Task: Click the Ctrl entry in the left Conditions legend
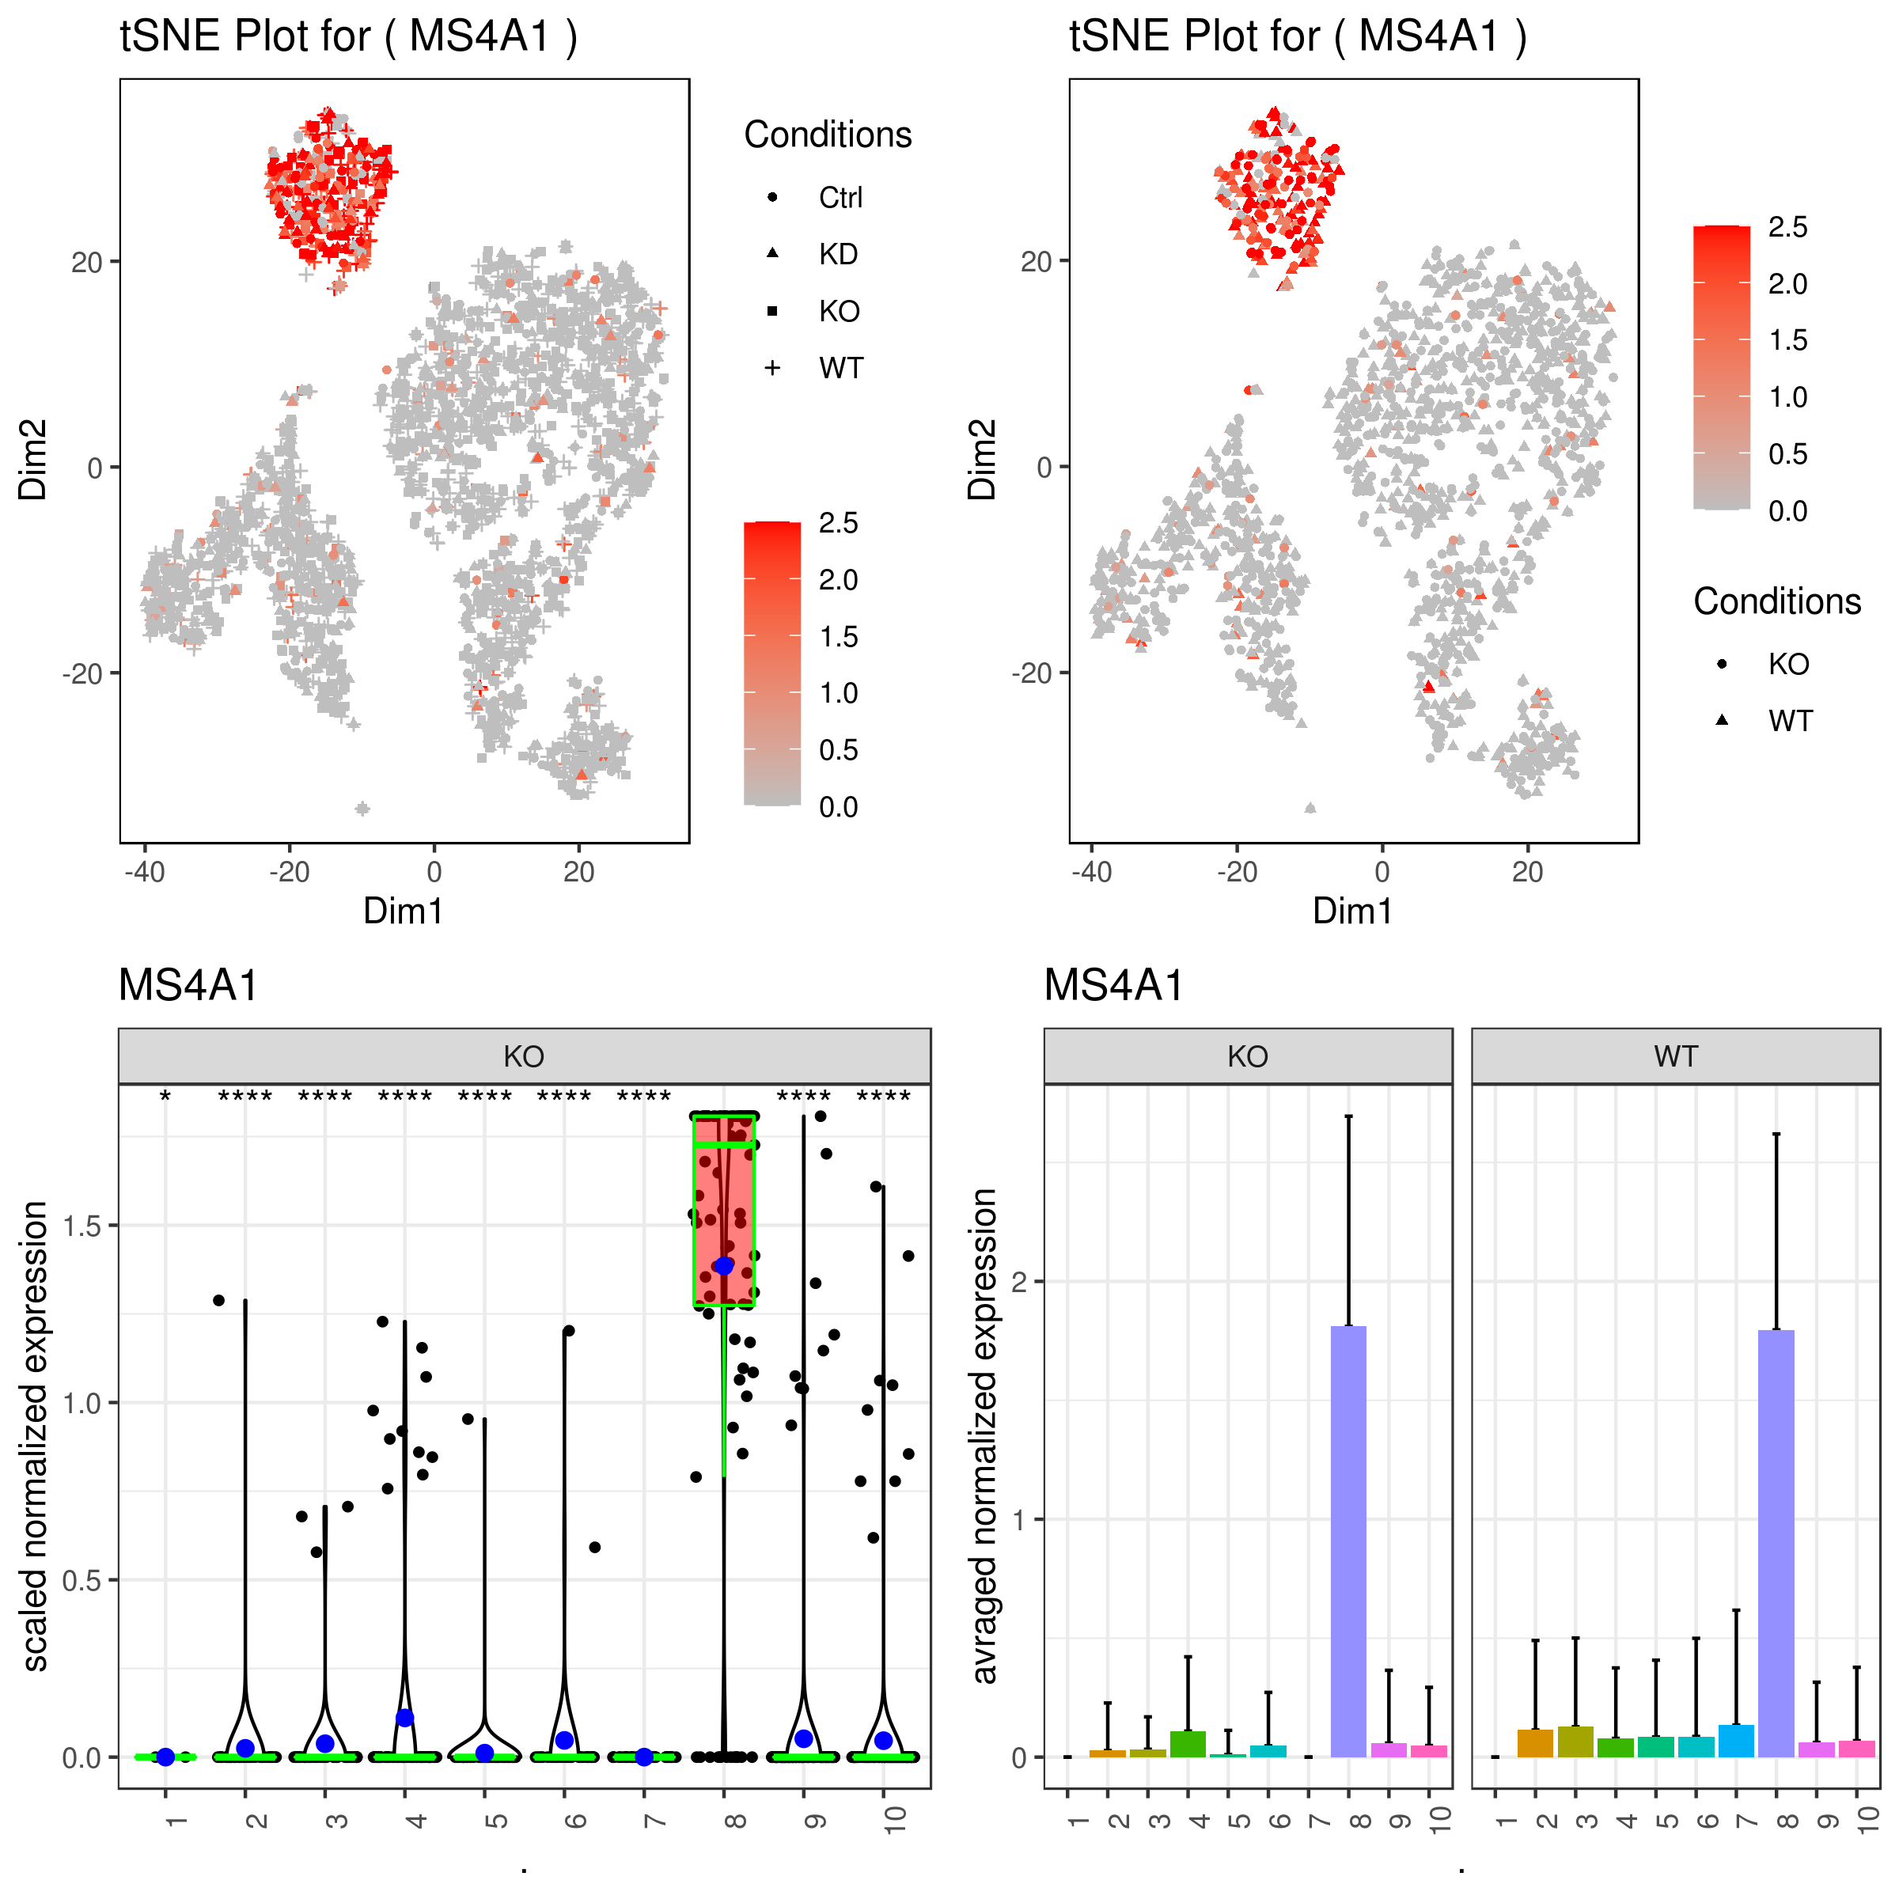pos(840,198)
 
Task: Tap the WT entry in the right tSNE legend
pos(1789,722)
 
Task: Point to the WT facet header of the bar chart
pos(1675,1056)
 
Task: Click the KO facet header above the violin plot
pos(524,1056)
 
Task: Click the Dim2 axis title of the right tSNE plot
pos(982,460)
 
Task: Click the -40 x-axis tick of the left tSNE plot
pos(145,872)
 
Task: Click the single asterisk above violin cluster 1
pos(166,1097)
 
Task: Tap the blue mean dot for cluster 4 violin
pos(405,1718)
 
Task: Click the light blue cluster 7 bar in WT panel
pos(1736,1741)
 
